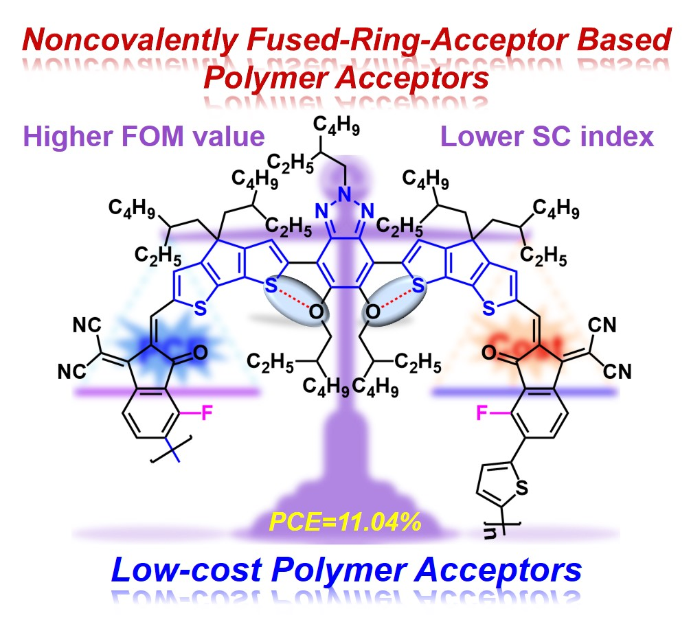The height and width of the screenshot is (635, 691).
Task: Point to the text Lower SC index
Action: point(547,137)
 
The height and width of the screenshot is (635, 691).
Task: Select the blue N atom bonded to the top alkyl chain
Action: point(342,183)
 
